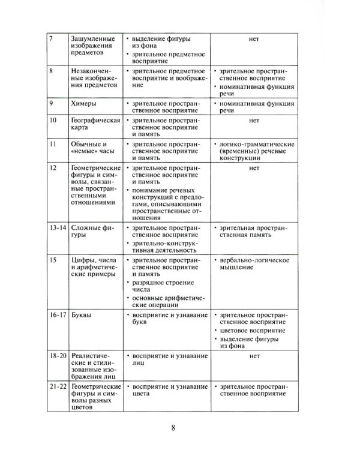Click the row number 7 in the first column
[x=50, y=40]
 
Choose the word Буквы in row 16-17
[x=82, y=313]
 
